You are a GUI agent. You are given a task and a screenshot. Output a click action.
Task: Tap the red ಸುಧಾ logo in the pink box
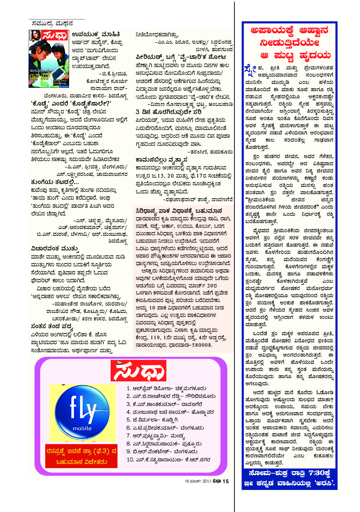click(x=138, y=370)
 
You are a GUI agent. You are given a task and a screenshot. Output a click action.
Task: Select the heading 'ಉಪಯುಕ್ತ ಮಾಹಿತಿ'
click(x=96, y=34)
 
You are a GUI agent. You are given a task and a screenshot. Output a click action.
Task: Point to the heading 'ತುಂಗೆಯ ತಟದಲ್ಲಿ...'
click(x=55, y=182)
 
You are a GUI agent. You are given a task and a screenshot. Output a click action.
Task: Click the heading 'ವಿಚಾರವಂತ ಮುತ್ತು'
click(x=55, y=249)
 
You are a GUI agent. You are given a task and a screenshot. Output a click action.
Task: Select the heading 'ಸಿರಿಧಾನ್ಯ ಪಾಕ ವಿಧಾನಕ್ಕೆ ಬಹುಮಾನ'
click(x=179, y=211)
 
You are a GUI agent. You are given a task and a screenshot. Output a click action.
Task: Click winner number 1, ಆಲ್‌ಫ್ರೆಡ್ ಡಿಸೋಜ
click(x=166, y=388)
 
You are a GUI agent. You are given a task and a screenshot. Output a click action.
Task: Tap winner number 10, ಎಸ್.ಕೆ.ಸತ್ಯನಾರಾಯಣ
click(x=168, y=460)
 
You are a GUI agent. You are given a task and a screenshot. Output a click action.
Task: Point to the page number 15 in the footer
click(x=225, y=481)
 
